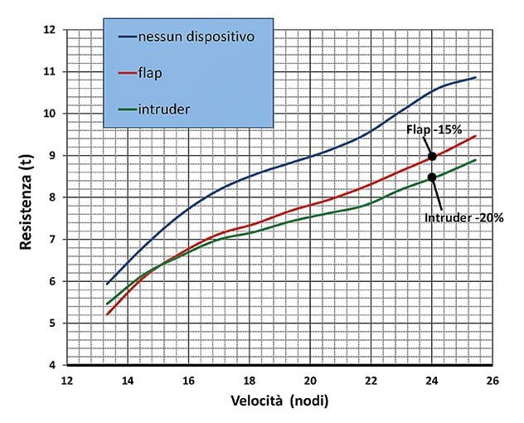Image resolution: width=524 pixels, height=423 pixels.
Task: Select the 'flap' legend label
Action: [x=151, y=73]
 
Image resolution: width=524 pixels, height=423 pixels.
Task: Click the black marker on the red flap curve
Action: [x=432, y=156]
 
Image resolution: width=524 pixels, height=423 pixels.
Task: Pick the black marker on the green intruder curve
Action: [x=432, y=177]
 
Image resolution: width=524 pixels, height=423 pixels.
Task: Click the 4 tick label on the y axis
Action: [x=52, y=365]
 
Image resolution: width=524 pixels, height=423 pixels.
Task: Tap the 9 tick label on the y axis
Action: [x=52, y=156]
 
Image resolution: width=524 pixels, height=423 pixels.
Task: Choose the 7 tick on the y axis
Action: [x=52, y=240]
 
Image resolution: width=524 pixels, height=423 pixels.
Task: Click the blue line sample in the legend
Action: [x=127, y=37]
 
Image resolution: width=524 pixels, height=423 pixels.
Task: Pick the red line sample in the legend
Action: [x=127, y=73]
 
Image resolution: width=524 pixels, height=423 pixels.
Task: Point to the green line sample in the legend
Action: [x=127, y=108]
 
